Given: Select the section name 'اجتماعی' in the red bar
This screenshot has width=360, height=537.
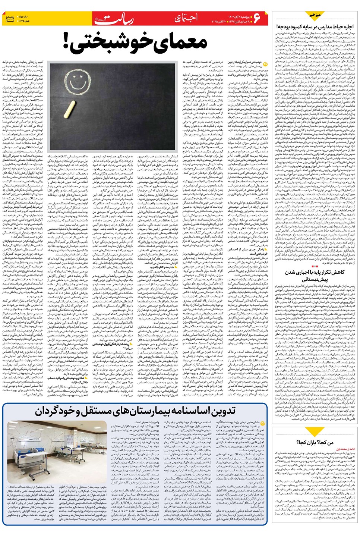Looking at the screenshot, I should [x=186, y=18].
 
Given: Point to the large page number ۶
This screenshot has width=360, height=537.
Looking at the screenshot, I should [x=257, y=18].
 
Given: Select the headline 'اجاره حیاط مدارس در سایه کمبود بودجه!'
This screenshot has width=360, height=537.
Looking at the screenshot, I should [x=315, y=26].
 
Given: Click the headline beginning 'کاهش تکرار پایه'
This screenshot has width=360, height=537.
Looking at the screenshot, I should [x=315, y=276].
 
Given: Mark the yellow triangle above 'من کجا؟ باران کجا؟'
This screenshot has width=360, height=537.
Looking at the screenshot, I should [x=315, y=432].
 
